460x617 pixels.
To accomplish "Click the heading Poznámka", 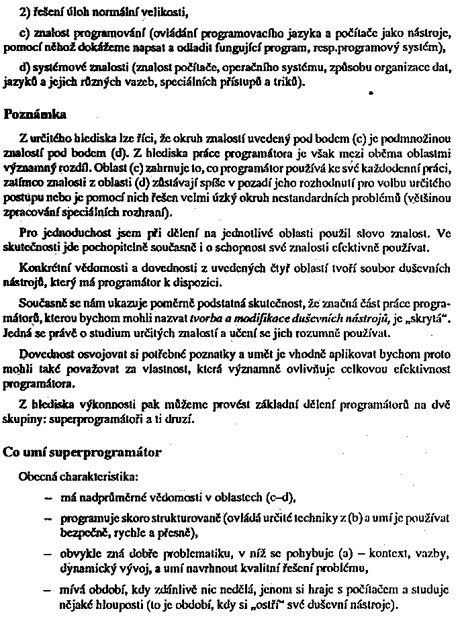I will pos(31,114).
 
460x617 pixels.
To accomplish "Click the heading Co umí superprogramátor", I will pos(82,452).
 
